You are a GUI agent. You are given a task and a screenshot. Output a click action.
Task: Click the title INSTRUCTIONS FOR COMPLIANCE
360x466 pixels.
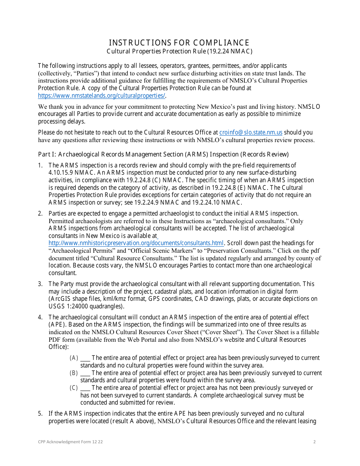tap(179, 42)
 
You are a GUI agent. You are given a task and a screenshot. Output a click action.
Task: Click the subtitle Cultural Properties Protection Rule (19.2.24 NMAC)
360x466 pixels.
tap(179, 51)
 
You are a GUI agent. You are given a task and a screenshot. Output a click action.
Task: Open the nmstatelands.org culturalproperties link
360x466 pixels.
tap(102, 96)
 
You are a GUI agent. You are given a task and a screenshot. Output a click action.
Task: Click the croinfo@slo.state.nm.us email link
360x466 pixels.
tap(250, 133)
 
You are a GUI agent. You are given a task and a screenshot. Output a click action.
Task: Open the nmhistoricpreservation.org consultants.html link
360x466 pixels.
tap(136, 243)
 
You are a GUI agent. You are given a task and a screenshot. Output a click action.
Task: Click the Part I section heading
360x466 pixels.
tap(163, 154)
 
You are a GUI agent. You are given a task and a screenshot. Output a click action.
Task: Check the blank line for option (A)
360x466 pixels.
tap(85, 358)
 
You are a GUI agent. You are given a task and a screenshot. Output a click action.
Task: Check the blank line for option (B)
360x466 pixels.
tap(85, 373)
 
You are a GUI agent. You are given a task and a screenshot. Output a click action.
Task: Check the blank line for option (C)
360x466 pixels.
tap(85, 388)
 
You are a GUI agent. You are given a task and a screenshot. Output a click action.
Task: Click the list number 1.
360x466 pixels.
tap(40, 165)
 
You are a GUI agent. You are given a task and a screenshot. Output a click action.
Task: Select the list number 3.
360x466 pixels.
tap(40, 284)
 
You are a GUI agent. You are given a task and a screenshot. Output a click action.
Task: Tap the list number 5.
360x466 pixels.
tap(40, 414)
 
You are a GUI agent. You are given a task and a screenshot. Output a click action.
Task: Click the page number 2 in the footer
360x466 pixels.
tap(315, 442)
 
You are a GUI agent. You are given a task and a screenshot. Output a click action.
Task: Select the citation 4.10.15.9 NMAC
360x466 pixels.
tap(68, 173)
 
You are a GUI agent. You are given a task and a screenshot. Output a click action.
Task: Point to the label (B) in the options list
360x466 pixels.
tap(74, 373)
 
